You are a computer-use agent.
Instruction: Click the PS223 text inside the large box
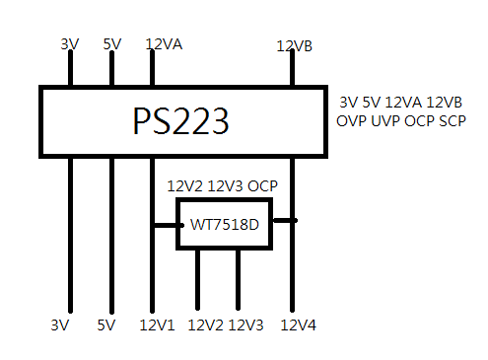click(x=180, y=121)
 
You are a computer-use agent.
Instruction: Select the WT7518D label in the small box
click(x=225, y=225)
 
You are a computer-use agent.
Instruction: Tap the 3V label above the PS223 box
click(x=70, y=44)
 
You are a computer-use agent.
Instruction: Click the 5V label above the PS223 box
click(x=112, y=44)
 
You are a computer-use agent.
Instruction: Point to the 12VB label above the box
click(x=295, y=46)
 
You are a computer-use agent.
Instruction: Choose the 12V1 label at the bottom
click(x=157, y=325)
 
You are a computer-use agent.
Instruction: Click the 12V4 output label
click(x=299, y=325)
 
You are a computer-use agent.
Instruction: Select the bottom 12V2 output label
click(x=206, y=325)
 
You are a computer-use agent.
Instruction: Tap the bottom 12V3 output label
click(x=245, y=325)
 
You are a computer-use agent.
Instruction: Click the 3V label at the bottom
click(x=60, y=325)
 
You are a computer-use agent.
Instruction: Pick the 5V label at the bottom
click(x=106, y=325)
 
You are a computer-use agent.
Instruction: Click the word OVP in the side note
click(x=351, y=121)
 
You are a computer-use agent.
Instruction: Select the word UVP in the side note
click(x=385, y=121)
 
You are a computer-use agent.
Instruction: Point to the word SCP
click(x=453, y=121)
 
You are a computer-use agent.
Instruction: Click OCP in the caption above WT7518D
click(x=262, y=186)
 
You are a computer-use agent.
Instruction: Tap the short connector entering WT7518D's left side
click(x=167, y=225)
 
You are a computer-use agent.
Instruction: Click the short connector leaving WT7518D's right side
click(x=285, y=220)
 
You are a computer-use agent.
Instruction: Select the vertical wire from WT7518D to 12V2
click(x=197, y=279)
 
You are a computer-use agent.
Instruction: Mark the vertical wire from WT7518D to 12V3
click(x=238, y=279)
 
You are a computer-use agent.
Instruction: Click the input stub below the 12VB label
click(x=292, y=67)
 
